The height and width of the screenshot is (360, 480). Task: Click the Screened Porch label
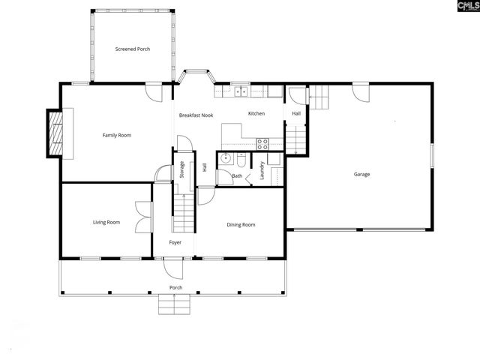coord(133,49)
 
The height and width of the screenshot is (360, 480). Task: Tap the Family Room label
coord(117,135)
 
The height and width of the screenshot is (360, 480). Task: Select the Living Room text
coord(106,222)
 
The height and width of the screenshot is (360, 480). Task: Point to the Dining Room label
coord(241,224)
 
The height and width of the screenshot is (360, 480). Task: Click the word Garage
coord(361,175)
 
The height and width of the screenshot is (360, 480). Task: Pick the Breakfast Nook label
coord(196,115)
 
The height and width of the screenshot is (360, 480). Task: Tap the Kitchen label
coord(256,113)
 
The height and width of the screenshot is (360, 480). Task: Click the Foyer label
coord(175,242)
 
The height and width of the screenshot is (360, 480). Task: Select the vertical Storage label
coord(181,169)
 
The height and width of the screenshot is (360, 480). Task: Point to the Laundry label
coord(262,170)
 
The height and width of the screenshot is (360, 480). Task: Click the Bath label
coord(237,176)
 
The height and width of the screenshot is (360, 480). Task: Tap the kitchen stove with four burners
coord(263,142)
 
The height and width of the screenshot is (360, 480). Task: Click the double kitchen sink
coord(241,92)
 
